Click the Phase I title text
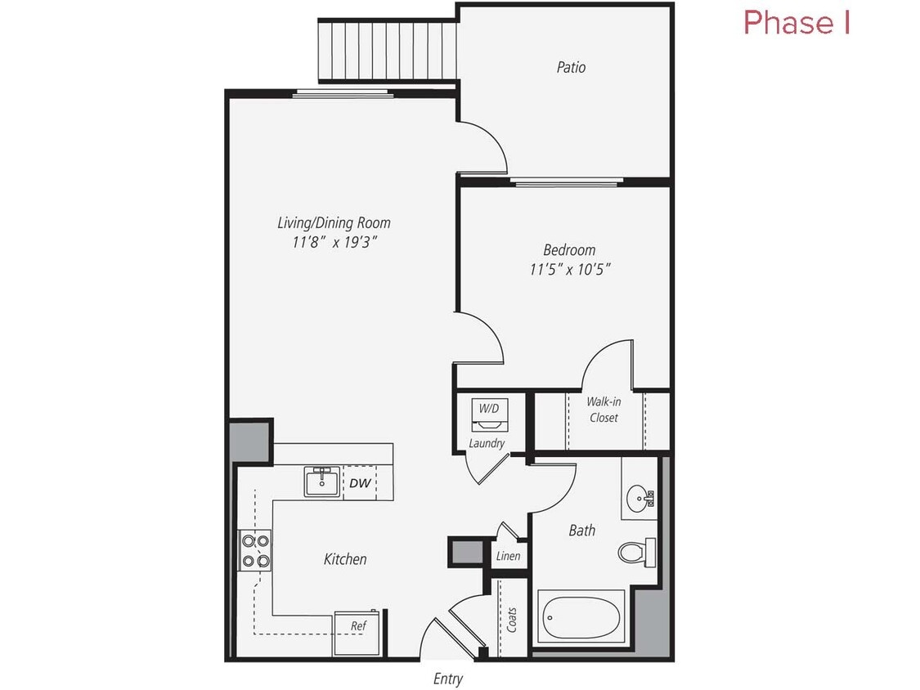797,23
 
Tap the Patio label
571,67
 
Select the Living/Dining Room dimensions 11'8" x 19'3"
333,242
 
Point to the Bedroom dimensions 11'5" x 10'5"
569,269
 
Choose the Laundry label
487,443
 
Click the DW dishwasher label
359,483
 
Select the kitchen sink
323,482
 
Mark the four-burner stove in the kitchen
254,550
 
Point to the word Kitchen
345,559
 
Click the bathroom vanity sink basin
639,496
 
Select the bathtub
581,616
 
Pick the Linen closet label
508,556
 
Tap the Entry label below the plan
447,679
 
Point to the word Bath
581,531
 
